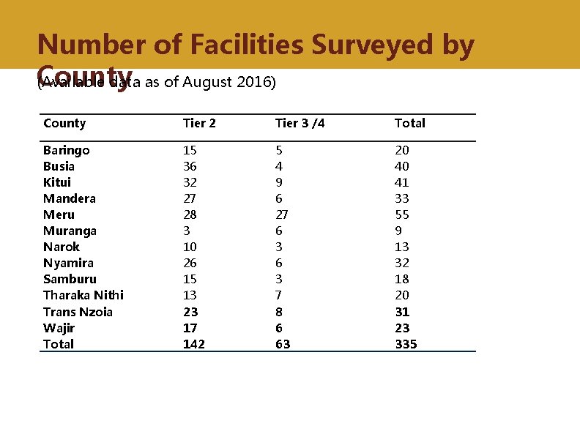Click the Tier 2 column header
198,123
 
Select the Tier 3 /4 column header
300,123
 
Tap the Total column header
409,123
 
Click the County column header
64,123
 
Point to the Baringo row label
67,150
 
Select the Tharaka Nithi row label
83,295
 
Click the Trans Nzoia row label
78,312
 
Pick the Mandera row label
69,198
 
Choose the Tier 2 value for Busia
190,166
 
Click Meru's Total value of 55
402,214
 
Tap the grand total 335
406,344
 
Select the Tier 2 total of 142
193,344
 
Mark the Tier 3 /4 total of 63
283,344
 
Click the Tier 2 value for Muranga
186,231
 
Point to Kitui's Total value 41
402,182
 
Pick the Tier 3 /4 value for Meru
282,214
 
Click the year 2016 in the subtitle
254,82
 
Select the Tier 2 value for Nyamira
190,263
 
